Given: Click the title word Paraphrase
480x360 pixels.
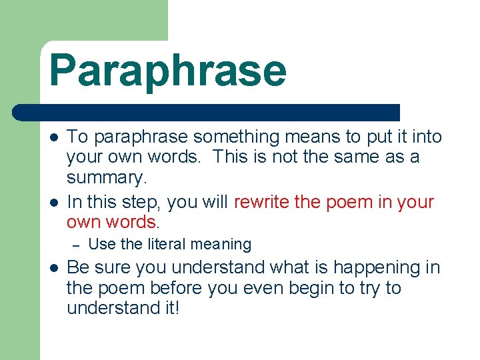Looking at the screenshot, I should click(167, 71).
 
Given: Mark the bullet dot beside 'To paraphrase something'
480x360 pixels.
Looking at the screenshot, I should click(53, 137).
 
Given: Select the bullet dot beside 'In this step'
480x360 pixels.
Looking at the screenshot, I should click(53, 202).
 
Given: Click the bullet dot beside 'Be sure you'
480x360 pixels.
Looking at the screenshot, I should click(53, 268).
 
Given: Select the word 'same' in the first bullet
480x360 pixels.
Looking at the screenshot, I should click(369, 159).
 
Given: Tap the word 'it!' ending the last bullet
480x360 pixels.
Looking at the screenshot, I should click(169, 310).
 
